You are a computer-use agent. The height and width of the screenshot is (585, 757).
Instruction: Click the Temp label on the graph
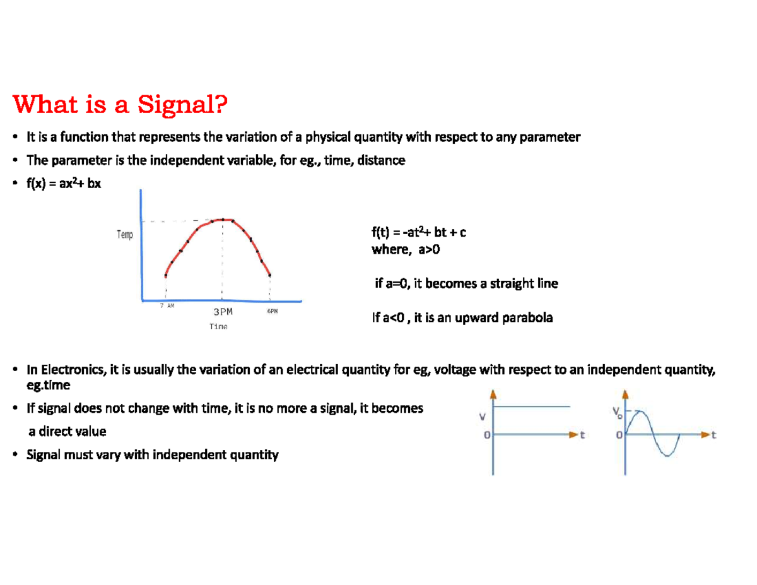click(125, 235)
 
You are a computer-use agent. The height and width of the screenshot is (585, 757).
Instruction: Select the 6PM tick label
click(271, 311)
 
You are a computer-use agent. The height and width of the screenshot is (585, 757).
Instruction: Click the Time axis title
click(218, 326)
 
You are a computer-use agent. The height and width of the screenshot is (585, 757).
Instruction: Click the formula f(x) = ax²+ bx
click(63, 184)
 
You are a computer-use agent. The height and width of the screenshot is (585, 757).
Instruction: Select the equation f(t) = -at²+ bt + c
click(419, 233)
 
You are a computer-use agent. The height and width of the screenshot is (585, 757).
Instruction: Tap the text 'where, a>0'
click(406, 249)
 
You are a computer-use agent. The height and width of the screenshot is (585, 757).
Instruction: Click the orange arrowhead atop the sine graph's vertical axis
click(626, 394)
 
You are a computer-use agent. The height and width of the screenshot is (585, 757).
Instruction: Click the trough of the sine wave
click(668, 454)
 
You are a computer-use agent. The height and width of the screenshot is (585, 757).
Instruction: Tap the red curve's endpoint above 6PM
click(270, 275)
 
